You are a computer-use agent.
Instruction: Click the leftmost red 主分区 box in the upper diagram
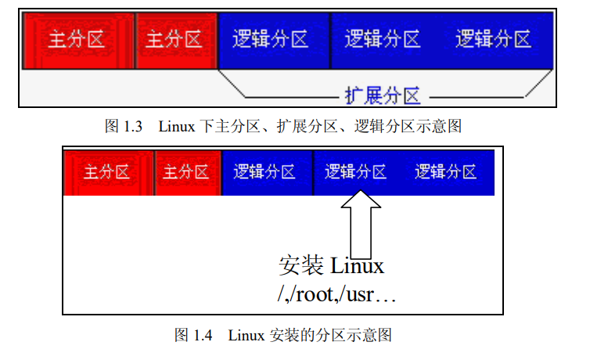point(77,39)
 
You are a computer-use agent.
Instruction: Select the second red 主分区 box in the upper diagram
point(174,39)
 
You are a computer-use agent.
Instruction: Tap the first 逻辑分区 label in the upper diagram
point(271,39)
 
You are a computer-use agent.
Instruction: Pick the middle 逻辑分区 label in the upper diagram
point(383,39)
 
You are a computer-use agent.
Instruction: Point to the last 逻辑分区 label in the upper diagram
point(494,39)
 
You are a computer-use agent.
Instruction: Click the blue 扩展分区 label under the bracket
point(383,95)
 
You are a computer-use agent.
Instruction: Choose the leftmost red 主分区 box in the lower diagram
point(107,172)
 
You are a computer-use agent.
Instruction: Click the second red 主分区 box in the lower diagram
point(186,172)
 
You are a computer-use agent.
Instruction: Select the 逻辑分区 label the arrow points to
point(356,172)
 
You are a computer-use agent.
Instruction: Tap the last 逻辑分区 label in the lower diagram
point(446,172)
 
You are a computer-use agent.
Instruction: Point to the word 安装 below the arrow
point(301,266)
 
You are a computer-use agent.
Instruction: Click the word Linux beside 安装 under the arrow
point(358,266)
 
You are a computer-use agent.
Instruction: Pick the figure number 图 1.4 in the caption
point(192,336)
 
